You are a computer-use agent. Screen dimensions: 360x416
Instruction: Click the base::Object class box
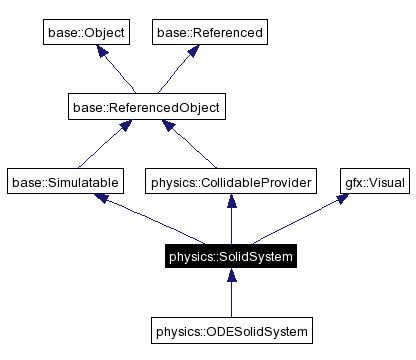point(86,33)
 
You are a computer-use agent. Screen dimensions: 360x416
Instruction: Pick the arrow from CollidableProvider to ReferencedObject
point(189,144)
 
